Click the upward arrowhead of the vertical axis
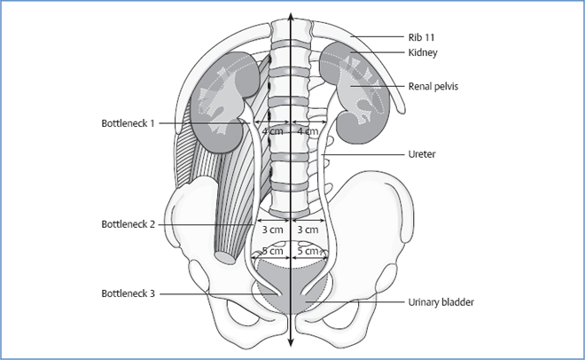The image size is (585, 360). click(x=291, y=19)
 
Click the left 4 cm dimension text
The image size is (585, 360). click(x=273, y=132)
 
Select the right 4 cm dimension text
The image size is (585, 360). click(x=308, y=132)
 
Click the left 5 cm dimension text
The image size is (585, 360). click(x=272, y=252)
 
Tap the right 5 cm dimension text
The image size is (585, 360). click(x=308, y=252)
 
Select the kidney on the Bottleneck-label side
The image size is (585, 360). click(x=222, y=98)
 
